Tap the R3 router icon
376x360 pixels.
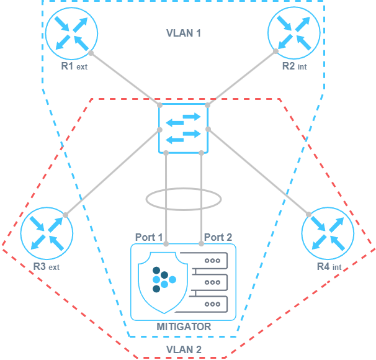(x=47, y=233)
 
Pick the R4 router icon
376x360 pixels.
(x=328, y=233)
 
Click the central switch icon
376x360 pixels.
(x=184, y=127)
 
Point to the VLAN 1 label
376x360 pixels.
(x=184, y=32)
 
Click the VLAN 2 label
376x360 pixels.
(x=184, y=350)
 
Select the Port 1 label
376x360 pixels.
(x=149, y=237)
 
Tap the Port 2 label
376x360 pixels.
(x=218, y=237)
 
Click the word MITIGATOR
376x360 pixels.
(x=184, y=326)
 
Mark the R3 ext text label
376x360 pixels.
(x=47, y=268)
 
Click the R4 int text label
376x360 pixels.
(x=329, y=268)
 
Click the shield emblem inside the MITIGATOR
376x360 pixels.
(x=160, y=282)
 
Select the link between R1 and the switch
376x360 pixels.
(x=124, y=78)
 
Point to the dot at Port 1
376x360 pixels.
(x=167, y=244)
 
